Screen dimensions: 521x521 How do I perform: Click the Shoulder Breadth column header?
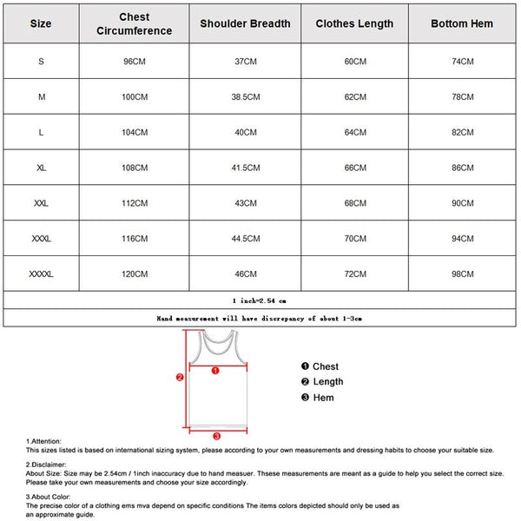pyautogui.click(x=245, y=23)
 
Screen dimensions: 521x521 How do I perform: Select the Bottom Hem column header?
pyautogui.click(x=463, y=23)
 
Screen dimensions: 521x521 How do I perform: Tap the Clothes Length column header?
pyautogui.click(x=354, y=23)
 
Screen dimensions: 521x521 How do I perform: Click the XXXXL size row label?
pyautogui.click(x=41, y=274)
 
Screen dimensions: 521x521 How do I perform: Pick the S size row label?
pyautogui.click(x=41, y=62)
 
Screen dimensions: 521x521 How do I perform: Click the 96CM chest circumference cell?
pyautogui.click(x=135, y=62)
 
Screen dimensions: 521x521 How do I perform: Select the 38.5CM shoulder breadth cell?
pyautogui.click(x=245, y=97)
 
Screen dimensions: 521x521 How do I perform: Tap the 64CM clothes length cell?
pyautogui.click(x=354, y=132)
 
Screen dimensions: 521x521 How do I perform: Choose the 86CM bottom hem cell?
pyautogui.click(x=463, y=168)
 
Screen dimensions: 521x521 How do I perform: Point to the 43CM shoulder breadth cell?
pyautogui.click(x=245, y=203)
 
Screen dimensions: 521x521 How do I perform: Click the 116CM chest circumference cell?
pyautogui.click(x=135, y=238)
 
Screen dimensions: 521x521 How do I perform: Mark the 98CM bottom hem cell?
pyautogui.click(x=463, y=274)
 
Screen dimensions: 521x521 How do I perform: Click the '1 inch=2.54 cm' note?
pyautogui.click(x=260, y=300)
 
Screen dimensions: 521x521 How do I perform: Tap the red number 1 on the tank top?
pyautogui.click(x=216, y=370)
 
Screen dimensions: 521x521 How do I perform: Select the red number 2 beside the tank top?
pyautogui.click(x=179, y=378)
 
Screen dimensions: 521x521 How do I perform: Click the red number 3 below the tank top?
pyautogui.click(x=216, y=436)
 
